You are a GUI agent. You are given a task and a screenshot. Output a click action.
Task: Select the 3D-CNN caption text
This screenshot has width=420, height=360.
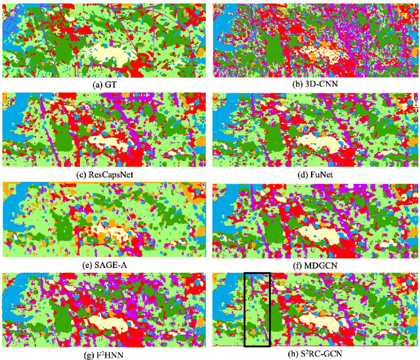pyautogui.click(x=315, y=85)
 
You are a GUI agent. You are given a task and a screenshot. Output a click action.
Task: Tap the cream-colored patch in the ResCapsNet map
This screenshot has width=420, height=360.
pyautogui.click(x=108, y=140)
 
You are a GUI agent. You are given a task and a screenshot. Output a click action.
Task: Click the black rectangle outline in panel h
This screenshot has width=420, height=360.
pyautogui.click(x=244, y=309)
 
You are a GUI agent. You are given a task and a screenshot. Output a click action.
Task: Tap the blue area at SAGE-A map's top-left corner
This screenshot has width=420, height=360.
pyautogui.click(x=16, y=197)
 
